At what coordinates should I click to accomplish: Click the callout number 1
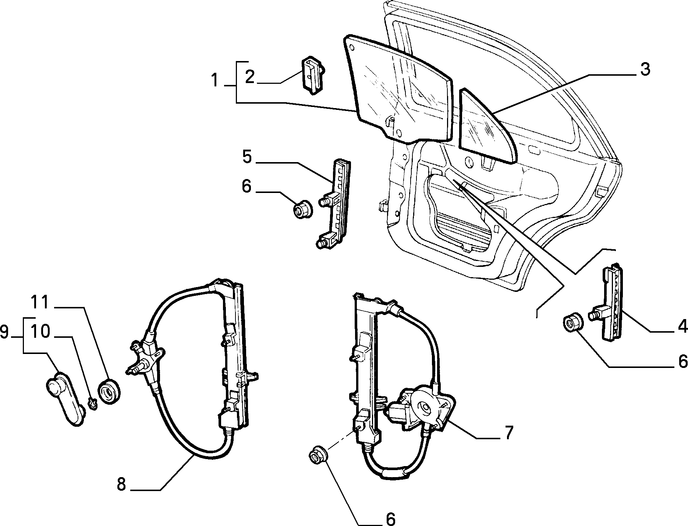click(215, 80)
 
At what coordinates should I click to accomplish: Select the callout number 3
click(645, 69)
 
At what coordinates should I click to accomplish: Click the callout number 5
click(247, 157)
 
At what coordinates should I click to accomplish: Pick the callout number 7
click(508, 433)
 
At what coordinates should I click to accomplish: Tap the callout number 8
click(122, 484)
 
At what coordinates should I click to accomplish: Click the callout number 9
click(5, 333)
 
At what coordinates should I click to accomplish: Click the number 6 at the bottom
click(390, 519)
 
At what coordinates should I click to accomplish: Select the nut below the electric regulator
click(317, 456)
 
